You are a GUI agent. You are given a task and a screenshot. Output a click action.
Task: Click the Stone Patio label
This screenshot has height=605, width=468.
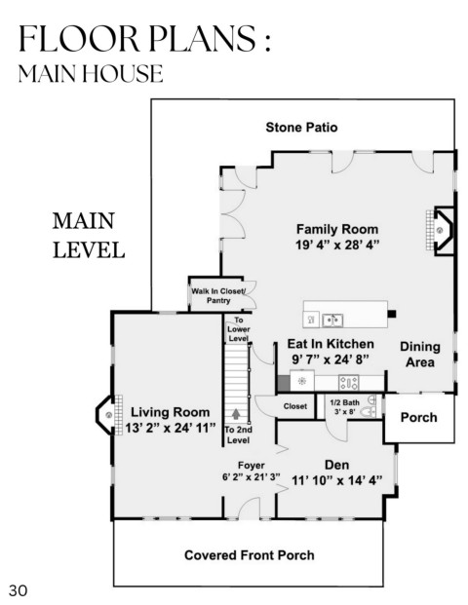tap(301, 128)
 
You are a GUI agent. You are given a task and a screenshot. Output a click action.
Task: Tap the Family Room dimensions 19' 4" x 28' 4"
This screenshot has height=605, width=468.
tap(337, 245)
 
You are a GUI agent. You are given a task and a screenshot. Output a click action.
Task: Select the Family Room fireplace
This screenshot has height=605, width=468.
tap(441, 230)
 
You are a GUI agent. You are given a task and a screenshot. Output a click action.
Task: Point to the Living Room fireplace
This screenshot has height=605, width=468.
tap(109, 415)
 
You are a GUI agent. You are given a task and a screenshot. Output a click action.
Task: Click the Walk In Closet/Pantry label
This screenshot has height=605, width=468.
tap(218, 296)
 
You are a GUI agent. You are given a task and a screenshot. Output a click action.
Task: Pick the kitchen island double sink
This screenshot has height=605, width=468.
tap(332, 320)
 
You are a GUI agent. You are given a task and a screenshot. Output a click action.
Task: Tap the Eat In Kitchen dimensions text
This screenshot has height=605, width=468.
tap(331, 359)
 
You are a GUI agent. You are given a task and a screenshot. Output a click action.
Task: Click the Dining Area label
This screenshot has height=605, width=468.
tap(420, 355)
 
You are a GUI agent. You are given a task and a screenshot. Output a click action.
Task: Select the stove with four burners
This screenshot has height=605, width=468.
tap(349, 383)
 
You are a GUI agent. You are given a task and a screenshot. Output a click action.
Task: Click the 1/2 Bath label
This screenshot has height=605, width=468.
tap(344, 402)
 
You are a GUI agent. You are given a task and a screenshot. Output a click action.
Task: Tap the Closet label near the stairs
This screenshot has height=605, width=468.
tap(295, 406)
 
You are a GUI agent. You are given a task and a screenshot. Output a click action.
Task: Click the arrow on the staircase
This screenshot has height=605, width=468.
tap(236, 414)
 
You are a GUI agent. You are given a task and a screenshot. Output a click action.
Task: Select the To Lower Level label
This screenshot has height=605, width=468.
tap(238, 329)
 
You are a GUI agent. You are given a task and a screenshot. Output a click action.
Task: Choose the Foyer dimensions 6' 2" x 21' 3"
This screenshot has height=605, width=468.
tap(251, 477)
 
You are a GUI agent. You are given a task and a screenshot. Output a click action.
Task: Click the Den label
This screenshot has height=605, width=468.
tap(336, 465)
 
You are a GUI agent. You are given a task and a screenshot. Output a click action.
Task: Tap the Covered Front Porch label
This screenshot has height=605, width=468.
tap(250, 555)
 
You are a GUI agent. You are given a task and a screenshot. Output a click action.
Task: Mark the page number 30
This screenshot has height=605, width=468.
tap(19, 590)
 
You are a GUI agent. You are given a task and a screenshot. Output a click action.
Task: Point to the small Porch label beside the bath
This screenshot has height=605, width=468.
tap(419, 418)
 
